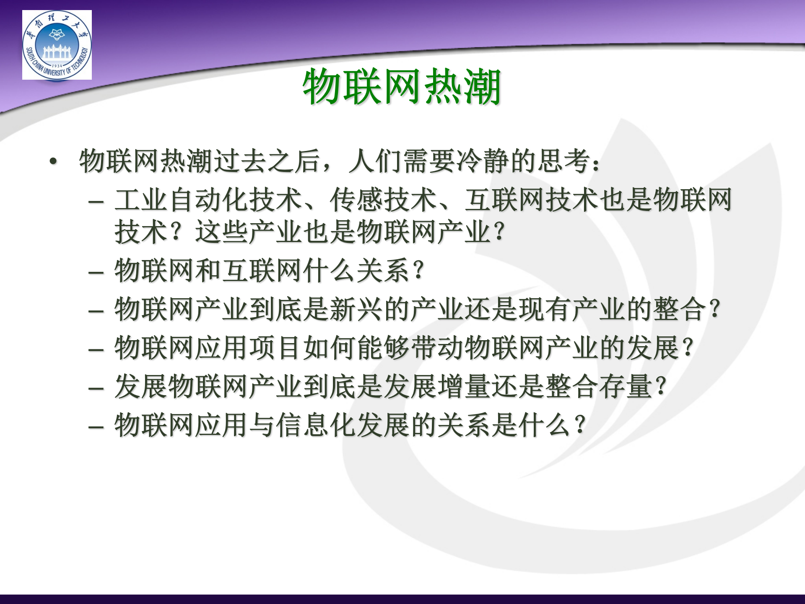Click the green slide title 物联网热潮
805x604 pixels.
pos(402,87)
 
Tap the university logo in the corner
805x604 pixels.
pos(57,45)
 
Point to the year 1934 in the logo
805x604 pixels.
pos(57,66)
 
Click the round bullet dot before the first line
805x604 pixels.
pos(53,161)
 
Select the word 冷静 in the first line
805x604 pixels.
pos(483,161)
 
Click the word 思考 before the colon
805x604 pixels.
pos(564,161)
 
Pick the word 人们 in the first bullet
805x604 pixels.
pos(376,161)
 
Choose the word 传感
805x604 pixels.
pos(356,200)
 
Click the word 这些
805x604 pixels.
pos(222,232)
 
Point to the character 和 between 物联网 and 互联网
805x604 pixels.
pos(208,271)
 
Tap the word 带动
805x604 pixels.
pos(437,348)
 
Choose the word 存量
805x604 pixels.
pos(625,386)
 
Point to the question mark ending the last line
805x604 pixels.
pos(581,425)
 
